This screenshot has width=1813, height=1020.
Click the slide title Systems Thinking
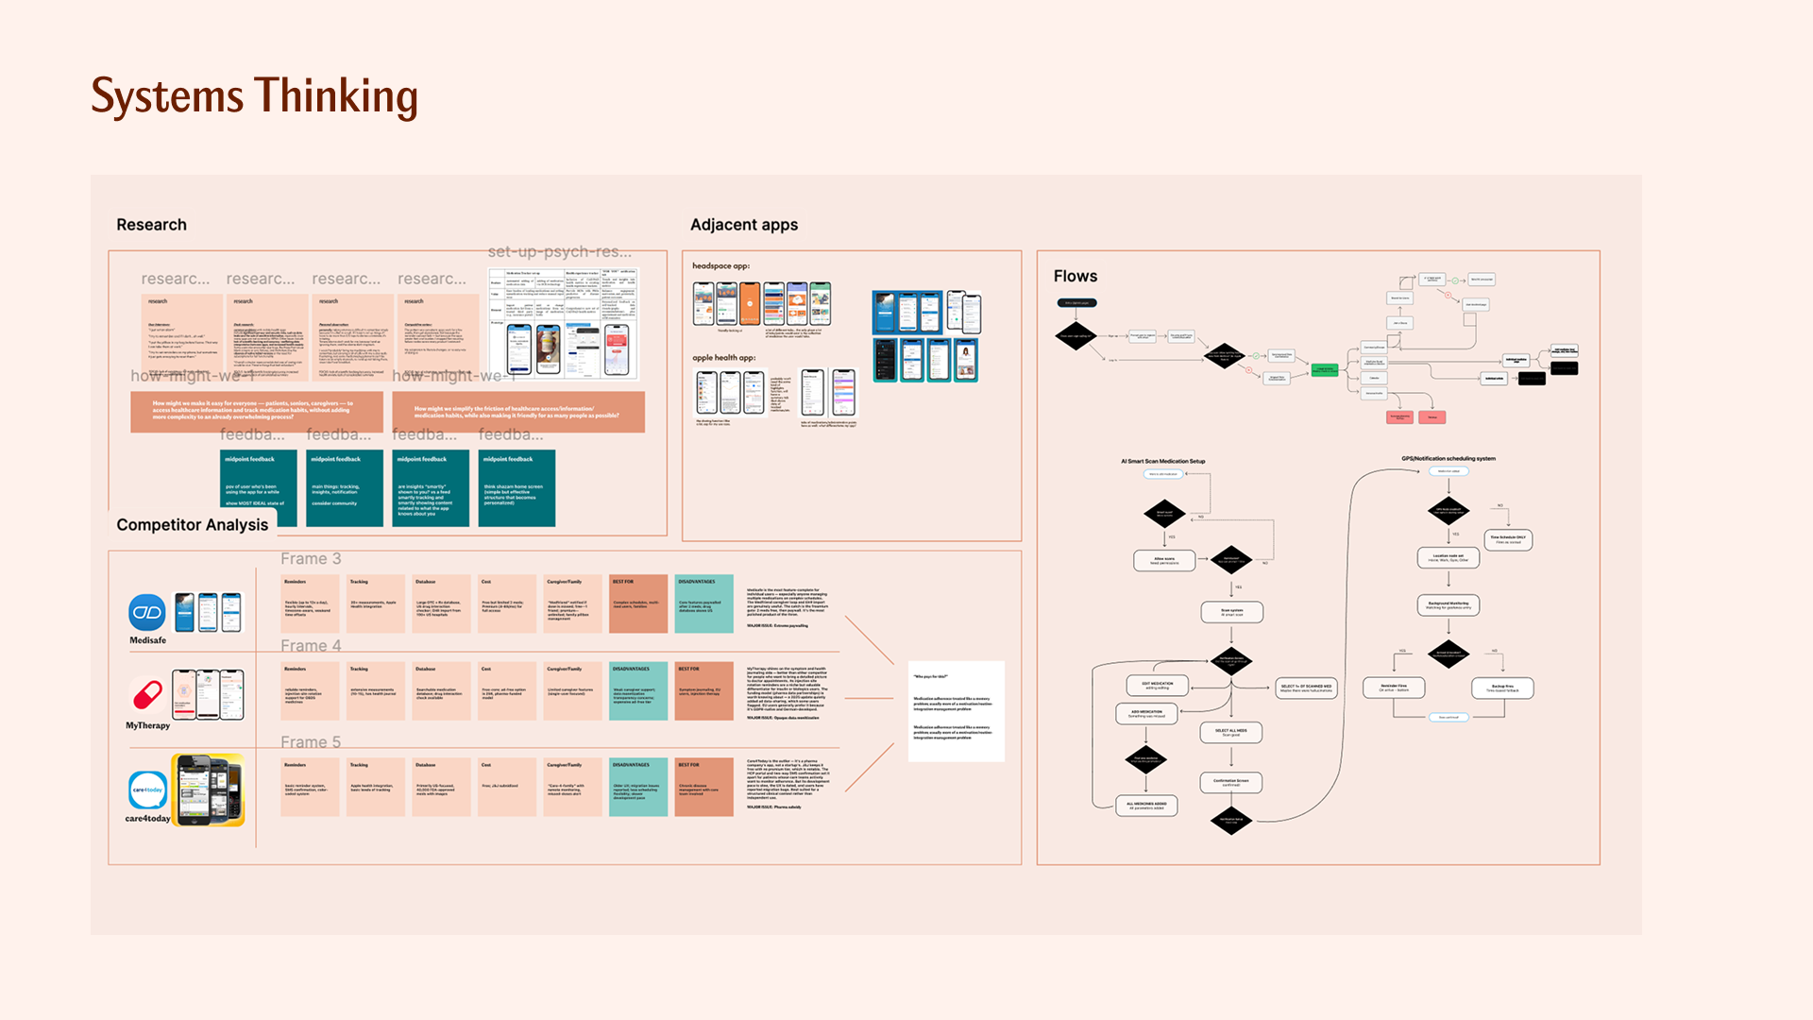254,96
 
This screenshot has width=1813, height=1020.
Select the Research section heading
151,225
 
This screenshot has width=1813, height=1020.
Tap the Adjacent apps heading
743,225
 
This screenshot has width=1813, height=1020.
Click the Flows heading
1075,276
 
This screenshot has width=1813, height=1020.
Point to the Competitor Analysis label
192,525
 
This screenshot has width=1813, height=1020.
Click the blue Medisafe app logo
147,613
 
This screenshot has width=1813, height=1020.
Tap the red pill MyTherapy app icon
147,696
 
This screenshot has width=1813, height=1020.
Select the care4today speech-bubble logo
147,790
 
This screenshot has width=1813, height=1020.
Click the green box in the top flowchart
1324,370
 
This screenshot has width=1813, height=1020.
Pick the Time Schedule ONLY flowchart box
1507,539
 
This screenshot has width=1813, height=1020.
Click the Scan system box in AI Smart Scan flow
1231,612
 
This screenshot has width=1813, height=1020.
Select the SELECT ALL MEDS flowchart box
1230,732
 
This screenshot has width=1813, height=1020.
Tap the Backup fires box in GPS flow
1501,688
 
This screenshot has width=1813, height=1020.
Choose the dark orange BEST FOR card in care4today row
703,787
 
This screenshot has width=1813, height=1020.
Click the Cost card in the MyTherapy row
507,690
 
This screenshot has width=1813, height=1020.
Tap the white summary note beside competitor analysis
956,710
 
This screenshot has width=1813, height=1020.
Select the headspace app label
720,266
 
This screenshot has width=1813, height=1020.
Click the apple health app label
723,358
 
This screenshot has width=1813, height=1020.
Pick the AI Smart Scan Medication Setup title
1162,461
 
